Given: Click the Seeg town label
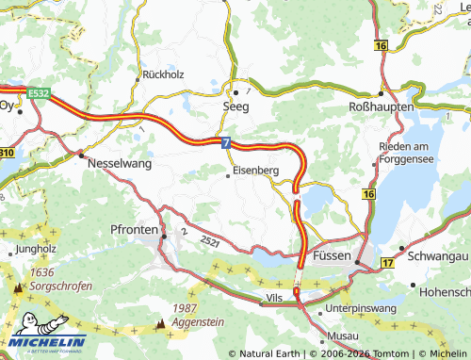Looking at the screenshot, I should [x=235, y=108].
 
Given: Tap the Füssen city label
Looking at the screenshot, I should [x=331, y=256].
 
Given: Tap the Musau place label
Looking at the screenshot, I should [x=343, y=336].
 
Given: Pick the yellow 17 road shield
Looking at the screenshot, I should [x=387, y=263].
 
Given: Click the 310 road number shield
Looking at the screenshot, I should [x=6, y=152].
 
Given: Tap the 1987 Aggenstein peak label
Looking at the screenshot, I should [x=198, y=316].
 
